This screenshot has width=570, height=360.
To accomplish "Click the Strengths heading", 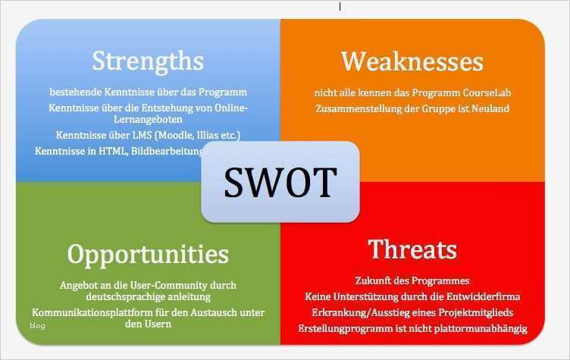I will [x=148, y=61].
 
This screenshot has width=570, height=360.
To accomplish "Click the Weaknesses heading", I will [x=412, y=61].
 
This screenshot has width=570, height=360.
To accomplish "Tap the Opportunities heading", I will [x=148, y=253].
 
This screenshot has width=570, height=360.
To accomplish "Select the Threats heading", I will [x=412, y=249].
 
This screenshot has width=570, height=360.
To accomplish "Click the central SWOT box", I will [x=280, y=182].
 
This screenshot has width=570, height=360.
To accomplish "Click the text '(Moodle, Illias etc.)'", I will [x=199, y=135].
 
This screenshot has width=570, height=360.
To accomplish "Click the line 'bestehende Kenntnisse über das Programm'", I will [x=149, y=92].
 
